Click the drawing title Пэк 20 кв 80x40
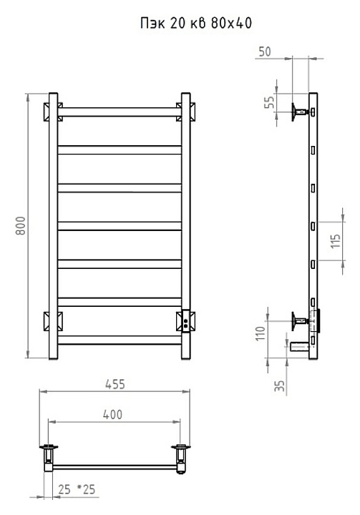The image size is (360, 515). pos(196,24)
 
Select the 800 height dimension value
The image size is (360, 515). pos(21,225)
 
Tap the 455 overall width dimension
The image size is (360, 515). pos(115,384)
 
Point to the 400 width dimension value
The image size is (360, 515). pos(113,414)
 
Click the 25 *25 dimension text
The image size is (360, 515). pos(77,489)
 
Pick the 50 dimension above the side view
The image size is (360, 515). pos(265,51)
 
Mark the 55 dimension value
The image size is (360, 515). pos(269,102)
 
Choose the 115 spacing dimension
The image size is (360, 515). pos(336,242)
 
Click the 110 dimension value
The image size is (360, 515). pos(261,334)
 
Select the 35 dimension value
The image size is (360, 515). pos(279,386)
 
